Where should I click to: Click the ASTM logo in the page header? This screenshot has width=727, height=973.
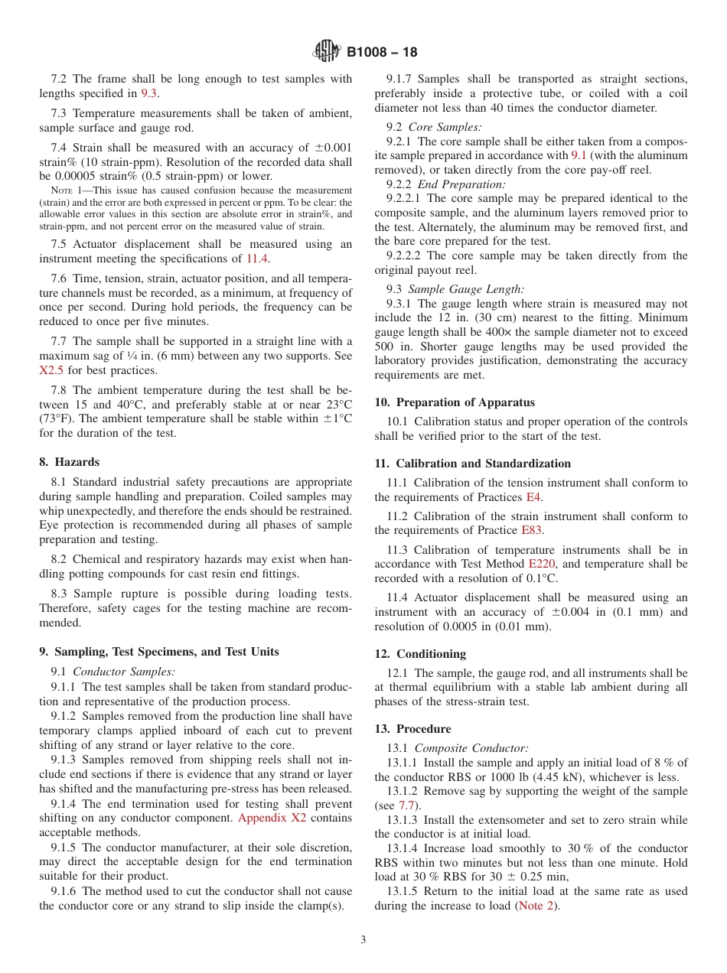coord(327,52)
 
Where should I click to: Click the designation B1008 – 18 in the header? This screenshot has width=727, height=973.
coord(382,53)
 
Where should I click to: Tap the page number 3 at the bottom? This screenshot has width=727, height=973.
coord(363,940)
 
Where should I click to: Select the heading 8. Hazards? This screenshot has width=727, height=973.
coord(69,462)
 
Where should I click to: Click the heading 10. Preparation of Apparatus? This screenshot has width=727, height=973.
coord(455,402)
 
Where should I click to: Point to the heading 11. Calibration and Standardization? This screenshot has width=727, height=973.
coord(472,464)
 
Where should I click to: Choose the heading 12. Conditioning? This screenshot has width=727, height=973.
coord(420,654)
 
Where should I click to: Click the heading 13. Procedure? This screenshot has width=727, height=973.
coord(412,729)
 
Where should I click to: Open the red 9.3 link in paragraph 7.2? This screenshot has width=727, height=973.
coord(149,93)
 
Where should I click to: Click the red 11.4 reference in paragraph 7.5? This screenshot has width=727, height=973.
coord(257,259)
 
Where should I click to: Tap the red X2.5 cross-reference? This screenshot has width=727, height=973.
coord(53,370)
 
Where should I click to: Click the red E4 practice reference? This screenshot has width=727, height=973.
coord(533,497)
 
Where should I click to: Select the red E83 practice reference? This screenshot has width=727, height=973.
coord(531,530)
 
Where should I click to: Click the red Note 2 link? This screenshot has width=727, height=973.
coord(537,906)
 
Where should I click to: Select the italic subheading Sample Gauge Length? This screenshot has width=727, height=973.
coord(466,289)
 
